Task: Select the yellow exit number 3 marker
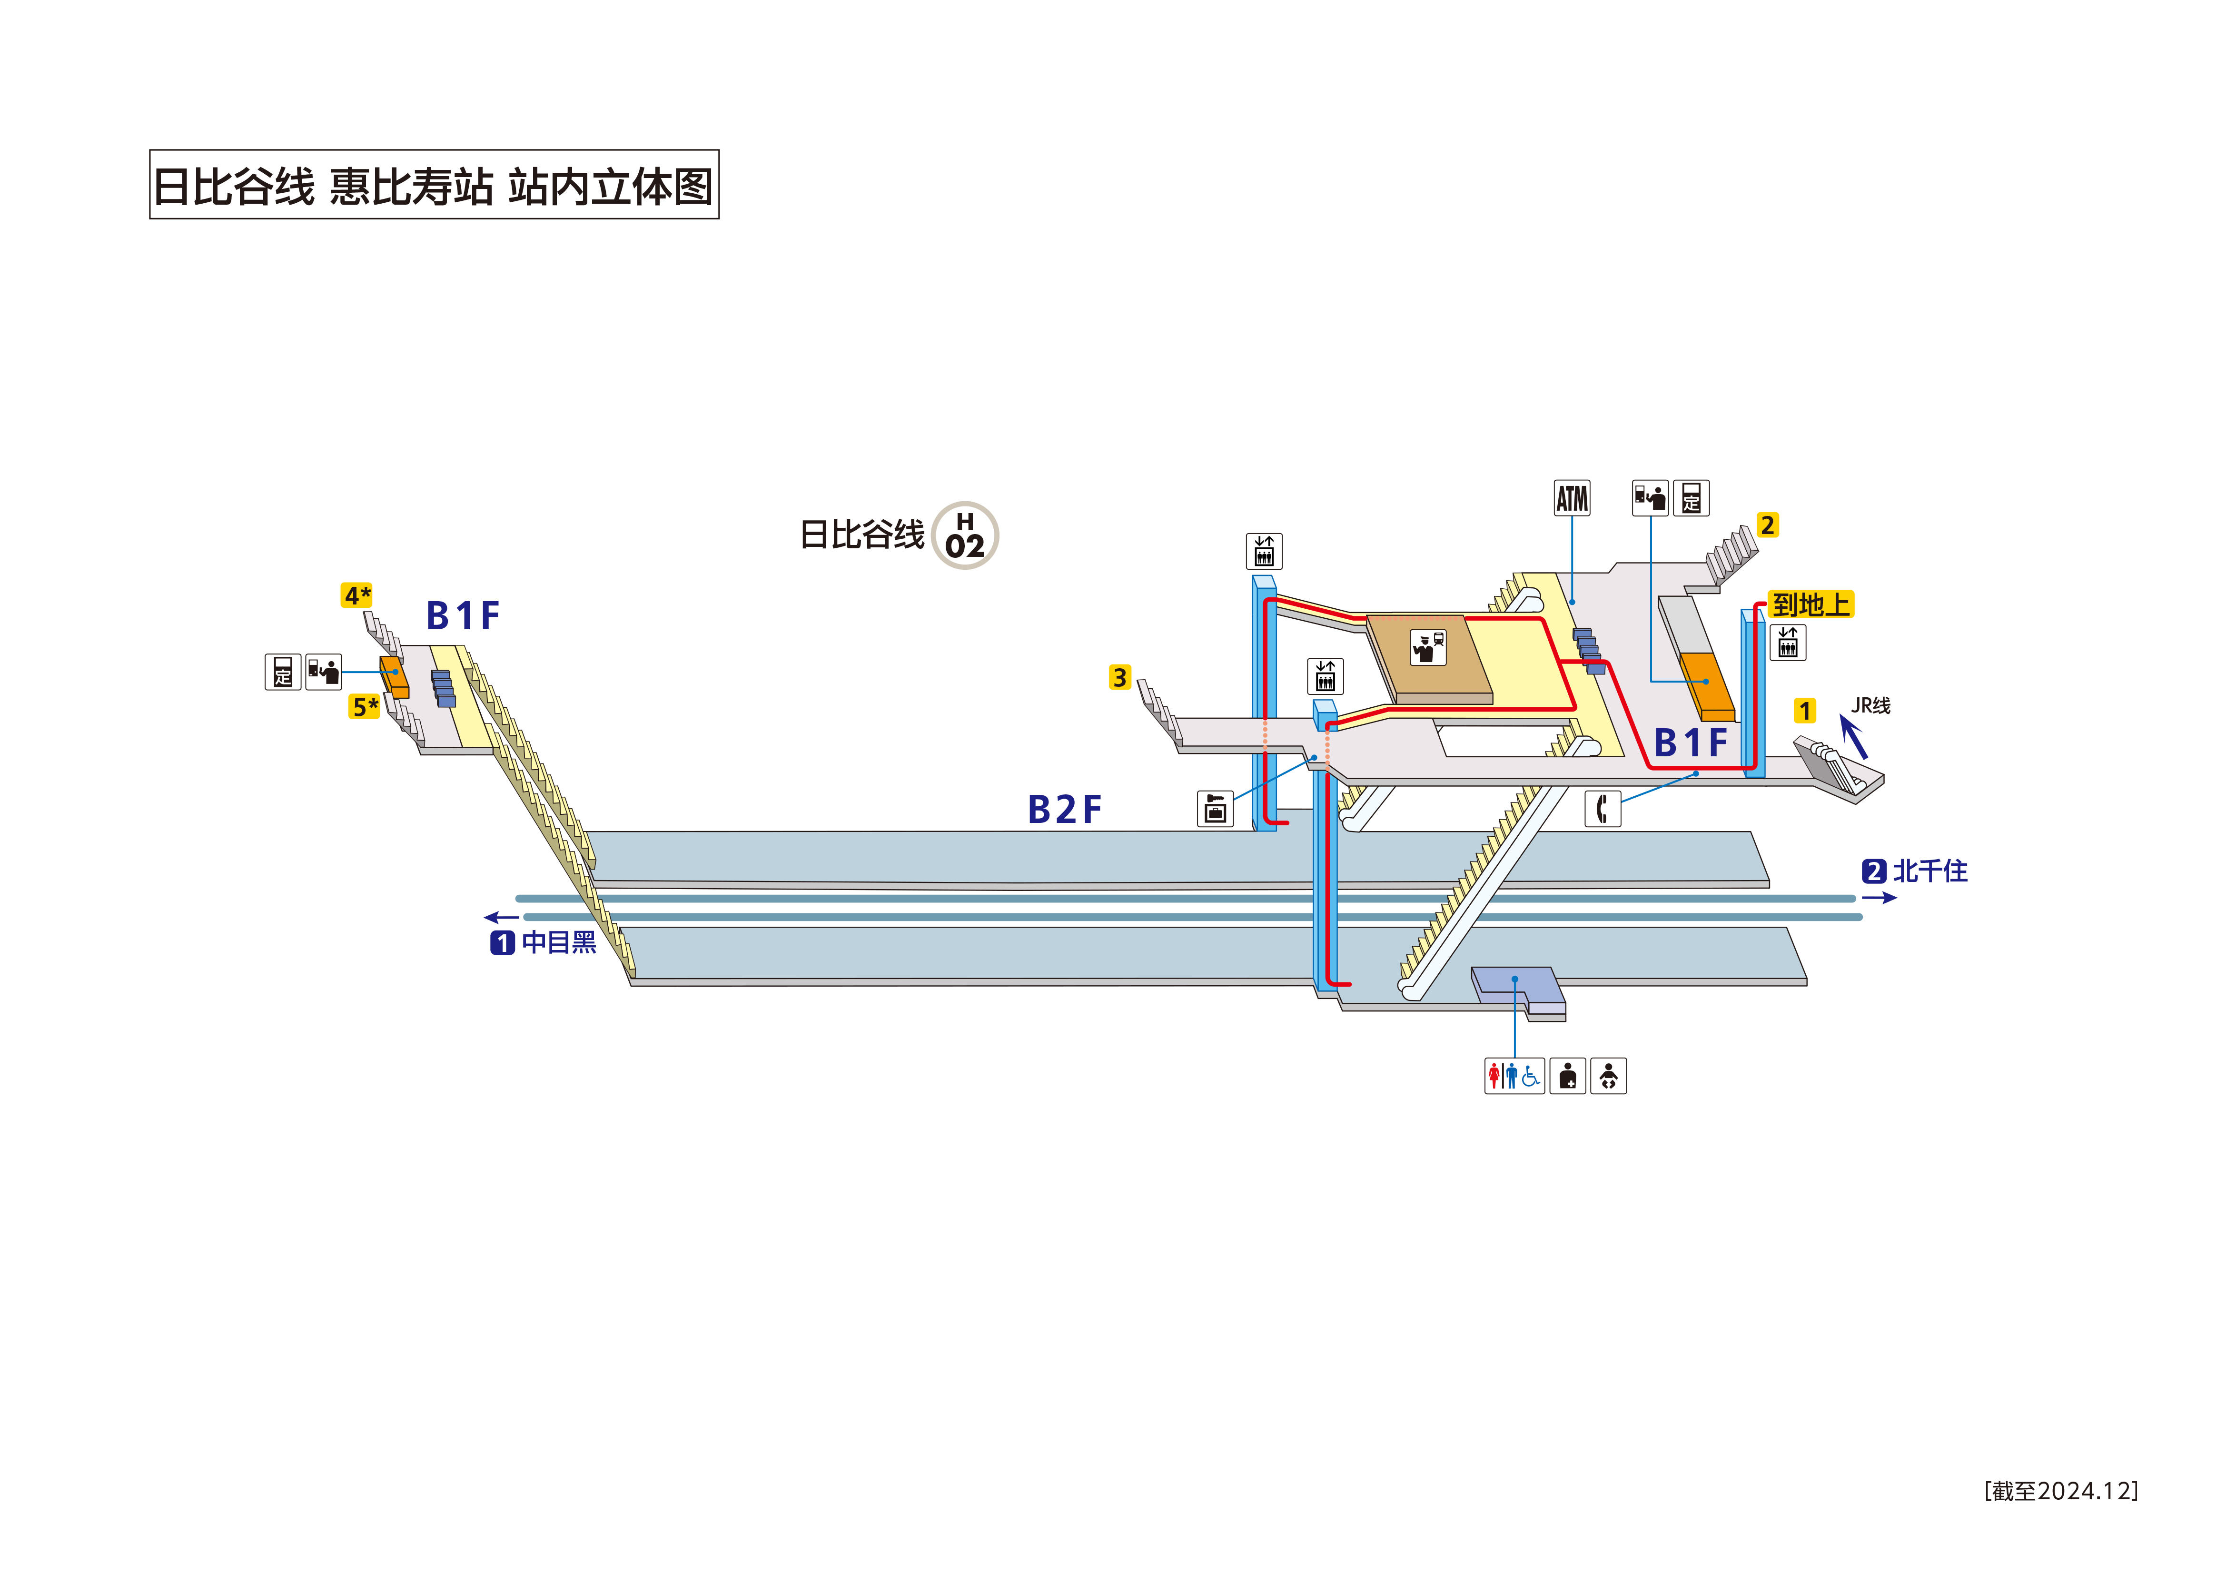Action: coord(1120,677)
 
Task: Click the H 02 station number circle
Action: coord(965,535)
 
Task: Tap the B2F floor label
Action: coord(1065,809)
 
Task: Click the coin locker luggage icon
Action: coord(1215,808)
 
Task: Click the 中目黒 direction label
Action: coord(557,941)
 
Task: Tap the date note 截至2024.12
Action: coord(2060,1491)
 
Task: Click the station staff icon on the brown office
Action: coord(1427,647)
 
